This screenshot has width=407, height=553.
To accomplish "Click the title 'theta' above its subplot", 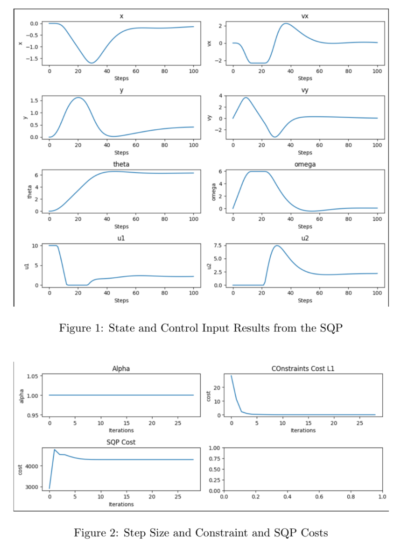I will (121, 165).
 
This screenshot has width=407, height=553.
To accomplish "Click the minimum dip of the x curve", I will (92, 63).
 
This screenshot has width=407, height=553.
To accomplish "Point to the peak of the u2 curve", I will (277, 245).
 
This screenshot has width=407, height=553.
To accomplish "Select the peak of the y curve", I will (78, 98).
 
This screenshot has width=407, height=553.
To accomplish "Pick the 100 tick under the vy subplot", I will (377, 146).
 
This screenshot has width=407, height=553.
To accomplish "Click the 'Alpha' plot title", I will (121, 369).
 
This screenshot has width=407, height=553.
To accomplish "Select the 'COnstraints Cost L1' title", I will (303, 369).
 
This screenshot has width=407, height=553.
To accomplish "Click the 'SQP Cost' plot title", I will (121, 442).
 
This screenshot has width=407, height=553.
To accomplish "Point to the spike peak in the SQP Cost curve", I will (55, 449).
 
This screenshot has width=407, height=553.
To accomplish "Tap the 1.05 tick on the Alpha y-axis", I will (32, 376).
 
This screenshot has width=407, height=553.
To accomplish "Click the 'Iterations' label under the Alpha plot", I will (121, 430).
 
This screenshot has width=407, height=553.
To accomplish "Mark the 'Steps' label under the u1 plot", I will (121, 301).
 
